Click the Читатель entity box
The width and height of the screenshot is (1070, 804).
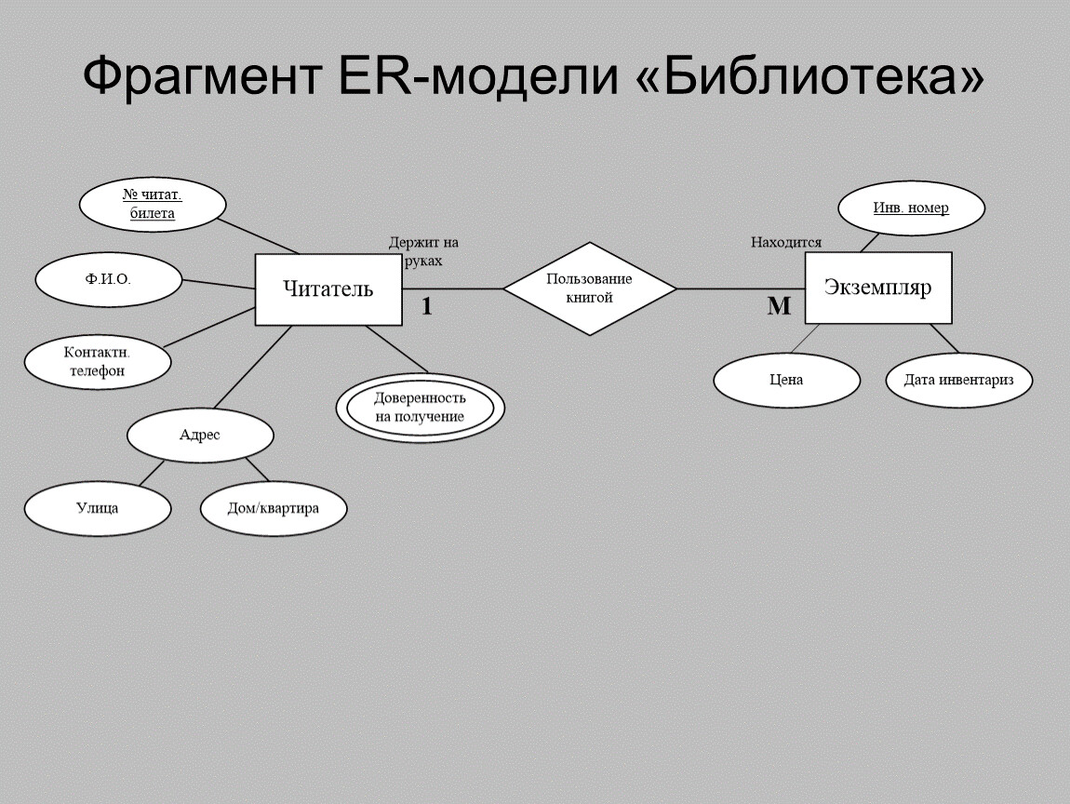pos(328,289)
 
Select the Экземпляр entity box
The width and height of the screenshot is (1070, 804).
pos(877,288)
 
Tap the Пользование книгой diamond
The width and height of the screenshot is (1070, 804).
pos(589,288)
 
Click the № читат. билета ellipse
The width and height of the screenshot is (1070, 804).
pos(153,205)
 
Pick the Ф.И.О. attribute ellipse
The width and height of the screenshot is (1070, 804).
pos(108,279)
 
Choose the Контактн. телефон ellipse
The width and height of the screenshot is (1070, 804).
pos(97,362)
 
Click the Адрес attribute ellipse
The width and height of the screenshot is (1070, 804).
pos(200,435)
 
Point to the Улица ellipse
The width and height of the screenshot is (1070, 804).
pos(97,508)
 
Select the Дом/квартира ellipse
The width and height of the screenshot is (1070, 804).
pos(274,508)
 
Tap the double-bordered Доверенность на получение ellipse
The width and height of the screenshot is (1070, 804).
pos(420,407)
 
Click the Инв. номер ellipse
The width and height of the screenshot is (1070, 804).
pos(911,208)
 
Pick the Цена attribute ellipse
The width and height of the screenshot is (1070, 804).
pos(786,380)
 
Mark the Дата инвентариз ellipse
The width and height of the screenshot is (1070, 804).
pos(958,380)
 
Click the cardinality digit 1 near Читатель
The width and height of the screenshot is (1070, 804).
pos(426,306)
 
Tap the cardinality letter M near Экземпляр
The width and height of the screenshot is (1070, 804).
pos(778,306)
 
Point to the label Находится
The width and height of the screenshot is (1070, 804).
pos(786,243)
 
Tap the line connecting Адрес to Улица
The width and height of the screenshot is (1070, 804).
pos(152,473)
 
